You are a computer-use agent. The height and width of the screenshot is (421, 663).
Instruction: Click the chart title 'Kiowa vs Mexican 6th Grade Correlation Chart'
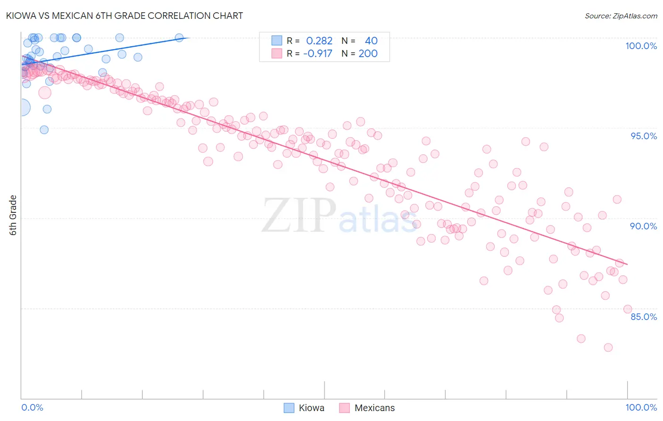pos(125,16)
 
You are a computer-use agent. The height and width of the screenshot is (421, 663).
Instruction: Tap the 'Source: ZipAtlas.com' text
pos(621,16)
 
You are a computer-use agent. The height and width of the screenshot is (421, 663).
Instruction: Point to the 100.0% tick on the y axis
pos(641,46)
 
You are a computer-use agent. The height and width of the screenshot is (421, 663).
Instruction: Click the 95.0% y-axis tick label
pos(644,136)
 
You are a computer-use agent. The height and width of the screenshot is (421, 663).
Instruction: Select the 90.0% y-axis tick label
pos(643,226)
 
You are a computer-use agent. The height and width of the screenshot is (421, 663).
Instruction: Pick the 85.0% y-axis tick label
pos(644,316)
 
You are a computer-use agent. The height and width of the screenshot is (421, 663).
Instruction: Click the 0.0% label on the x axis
pos(32,407)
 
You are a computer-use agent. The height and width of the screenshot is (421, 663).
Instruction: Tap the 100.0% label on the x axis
pos(641,407)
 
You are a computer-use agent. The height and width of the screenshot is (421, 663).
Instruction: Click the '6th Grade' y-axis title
pos(13,215)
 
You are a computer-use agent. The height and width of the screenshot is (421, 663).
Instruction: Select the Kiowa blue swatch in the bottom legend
pos(289,408)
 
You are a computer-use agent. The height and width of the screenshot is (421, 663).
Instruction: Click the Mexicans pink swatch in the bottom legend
pos(345,408)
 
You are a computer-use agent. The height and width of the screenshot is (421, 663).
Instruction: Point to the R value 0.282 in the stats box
pos(319,41)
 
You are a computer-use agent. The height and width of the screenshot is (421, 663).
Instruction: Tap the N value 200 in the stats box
pos(368,53)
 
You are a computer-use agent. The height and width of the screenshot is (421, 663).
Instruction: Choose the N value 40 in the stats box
pos(371,41)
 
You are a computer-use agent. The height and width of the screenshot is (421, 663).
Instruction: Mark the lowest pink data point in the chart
pos(608,347)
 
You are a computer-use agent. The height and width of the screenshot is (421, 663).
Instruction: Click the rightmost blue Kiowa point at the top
pos(179,38)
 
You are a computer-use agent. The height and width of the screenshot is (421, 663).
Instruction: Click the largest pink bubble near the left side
pos(45,93)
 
